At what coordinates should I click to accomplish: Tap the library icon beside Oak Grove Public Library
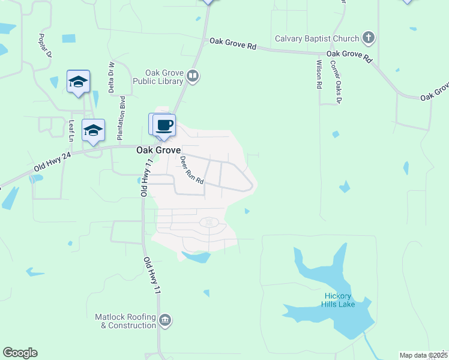[193, 76]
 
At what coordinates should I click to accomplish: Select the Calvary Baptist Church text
[317, 39]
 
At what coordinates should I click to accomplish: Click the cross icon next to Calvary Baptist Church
[369, 39]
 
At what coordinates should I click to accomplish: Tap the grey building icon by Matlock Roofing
[165, 321]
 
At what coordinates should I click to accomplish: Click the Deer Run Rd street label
[192, 170]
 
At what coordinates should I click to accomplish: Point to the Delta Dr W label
[111, 77]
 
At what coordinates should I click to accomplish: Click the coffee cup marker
[164, 125]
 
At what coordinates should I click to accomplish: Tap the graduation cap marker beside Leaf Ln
[93, 130]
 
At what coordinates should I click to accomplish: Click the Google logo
[20, 353]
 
